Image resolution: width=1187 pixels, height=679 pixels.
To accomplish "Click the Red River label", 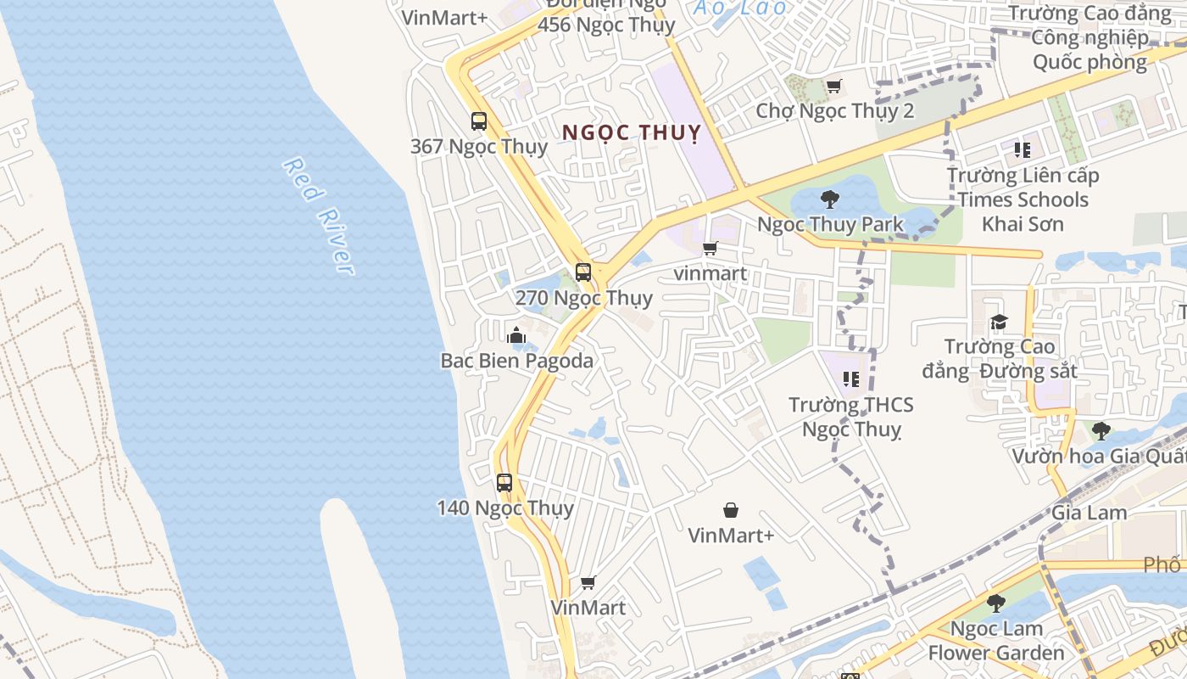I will pyautogui.click(x=318, y=216).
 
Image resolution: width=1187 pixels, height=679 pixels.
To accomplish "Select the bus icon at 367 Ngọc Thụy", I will pyautogui.click(x=479, y=121).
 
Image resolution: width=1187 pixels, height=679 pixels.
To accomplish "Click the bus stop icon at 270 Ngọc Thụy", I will pyautogui.click(x=583, y=272).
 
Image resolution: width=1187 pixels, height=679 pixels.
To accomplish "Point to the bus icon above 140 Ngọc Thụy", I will pyautogui.click(x=504, y=483).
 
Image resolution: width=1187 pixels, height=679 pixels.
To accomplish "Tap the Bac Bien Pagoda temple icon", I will pyautogui.click(x=516, y=335).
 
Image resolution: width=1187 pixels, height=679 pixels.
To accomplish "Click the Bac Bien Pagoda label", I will pyautogui.click(x=516, y=360).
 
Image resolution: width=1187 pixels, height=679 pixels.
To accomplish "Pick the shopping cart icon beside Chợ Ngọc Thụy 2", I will pyautogui.click(x=833, y=87).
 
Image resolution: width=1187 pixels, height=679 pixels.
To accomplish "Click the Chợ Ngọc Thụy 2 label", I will pyautogui.click(x=834, y=111).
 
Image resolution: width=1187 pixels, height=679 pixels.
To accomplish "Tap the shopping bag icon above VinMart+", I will pyautogui.click(x=730, y=510).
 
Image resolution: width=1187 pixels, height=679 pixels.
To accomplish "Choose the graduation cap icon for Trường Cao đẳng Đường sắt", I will pyautogui.click(x=1000, y=323).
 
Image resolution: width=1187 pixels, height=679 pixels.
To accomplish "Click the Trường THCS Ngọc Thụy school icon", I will pyautogui.click(x=851, y=379).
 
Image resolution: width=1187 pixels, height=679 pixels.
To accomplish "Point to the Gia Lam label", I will pyautogui.click(x=1089, y=513).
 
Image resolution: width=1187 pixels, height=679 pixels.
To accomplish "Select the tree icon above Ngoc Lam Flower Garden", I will pyautogui.click(x=996, y=603).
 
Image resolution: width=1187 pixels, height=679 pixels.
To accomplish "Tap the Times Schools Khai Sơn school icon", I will pyautogui.click(x=1023, y=150).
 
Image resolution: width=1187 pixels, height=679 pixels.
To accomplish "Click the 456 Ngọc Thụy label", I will pyautogui.click(x=606, y=25).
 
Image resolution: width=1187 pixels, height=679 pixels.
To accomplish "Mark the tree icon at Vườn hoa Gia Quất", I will pyautogui.click(x=1101, y=431).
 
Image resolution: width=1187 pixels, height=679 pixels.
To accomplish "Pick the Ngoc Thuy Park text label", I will pyautogui.click(x=830, y=225).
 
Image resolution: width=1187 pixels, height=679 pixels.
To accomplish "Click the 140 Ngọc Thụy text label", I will pyautogui.click(x=505, y=508).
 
